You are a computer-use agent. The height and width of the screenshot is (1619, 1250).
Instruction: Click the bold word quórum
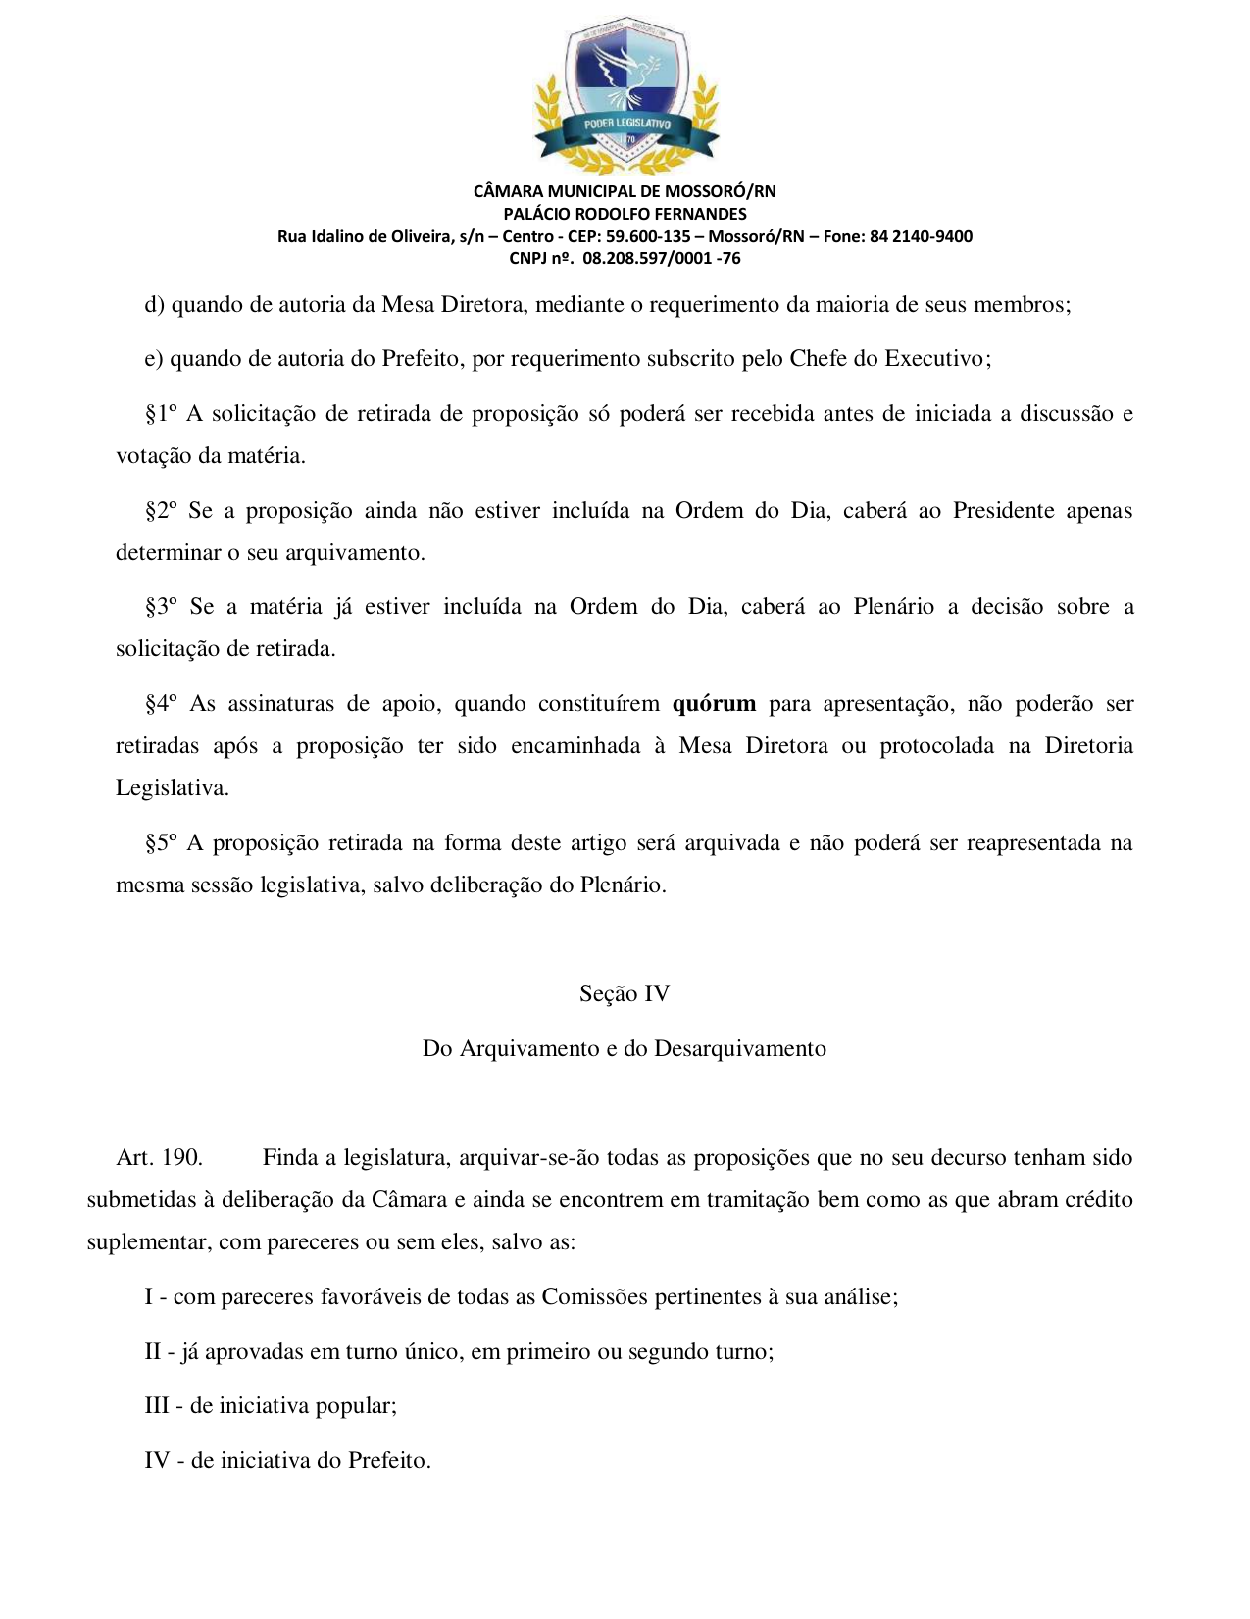coord(714,704)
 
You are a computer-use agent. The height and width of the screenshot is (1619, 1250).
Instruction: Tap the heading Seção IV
coord(625,994)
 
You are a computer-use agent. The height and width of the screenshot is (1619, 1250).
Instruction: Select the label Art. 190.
coord(159,1158)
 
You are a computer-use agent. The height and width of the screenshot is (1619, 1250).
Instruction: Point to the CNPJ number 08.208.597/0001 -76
coord(661,259)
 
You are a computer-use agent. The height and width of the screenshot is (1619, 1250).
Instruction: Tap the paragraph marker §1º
coord(161,414)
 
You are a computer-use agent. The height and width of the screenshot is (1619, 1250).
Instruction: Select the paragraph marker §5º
coord(161,843)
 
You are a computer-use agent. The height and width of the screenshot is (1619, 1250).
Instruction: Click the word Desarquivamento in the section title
coord(739,1049)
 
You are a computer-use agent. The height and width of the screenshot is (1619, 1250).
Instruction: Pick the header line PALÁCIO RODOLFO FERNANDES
coord(625,214)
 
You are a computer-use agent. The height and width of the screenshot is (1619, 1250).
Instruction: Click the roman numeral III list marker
coord(156,1406)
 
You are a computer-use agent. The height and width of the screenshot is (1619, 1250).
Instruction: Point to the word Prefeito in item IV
coord(389,1461)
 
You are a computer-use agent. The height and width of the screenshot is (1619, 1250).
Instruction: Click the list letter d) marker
coord(154,305)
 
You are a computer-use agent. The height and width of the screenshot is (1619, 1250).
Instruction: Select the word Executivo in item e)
coord(937,359)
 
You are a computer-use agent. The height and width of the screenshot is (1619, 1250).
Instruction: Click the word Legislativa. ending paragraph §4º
coord(173,788)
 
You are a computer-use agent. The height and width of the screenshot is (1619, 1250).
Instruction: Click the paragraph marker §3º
coord(161,607)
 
